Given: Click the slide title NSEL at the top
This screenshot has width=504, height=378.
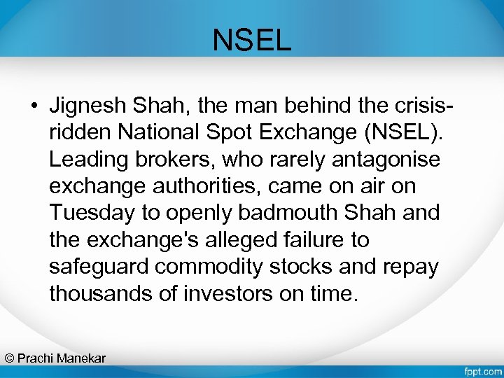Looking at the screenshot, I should pyautogui.click(x=252, y=41).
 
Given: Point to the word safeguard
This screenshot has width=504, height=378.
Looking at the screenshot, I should pyautogui.click(x=99, y=267).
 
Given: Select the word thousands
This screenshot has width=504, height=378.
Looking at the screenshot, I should pyautogui.click(x=101, y=293).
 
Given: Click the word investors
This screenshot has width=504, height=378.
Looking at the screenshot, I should pyautogui.click(x=223, y=293).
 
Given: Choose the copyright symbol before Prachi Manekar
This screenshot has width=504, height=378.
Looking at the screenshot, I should pyautogui.click(x=9, y=358).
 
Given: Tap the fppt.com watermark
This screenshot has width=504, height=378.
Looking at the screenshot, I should pyautogui.click(x=482, y=369).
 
